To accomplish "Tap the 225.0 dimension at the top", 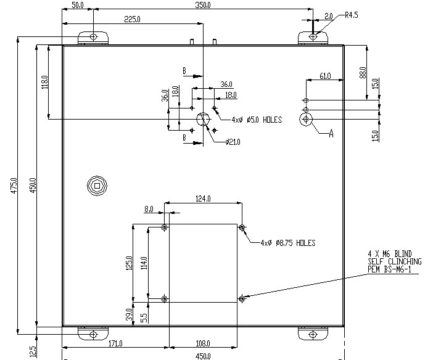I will pyautogui.click(x=132, y=19).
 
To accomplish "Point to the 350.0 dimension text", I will pyautogui.click(x=202, y=5).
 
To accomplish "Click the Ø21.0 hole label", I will pyautogui.click(x=233, y=142).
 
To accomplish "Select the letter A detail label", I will pyautogui.click(x=331, y=134).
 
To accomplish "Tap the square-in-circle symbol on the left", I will pyautogui.click(x=96, y=185).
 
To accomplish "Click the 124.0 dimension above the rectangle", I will pyautogui.click(x=203, y=198).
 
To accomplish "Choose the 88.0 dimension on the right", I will pyautogui.click(x=363, y=73).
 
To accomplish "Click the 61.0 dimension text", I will pyautogui.click(x=324, y=76).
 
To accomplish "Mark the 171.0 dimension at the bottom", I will pyautogui.click(x=115, y=343).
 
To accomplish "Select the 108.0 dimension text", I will pyautogui.click(x=204, y=343).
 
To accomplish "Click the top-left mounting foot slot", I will pyautogui.click(x=93, y=37).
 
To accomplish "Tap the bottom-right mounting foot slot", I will pyautogui.click(x=314, y=334).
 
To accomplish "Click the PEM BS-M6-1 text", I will pyautogui.click(x=391, y=269).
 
